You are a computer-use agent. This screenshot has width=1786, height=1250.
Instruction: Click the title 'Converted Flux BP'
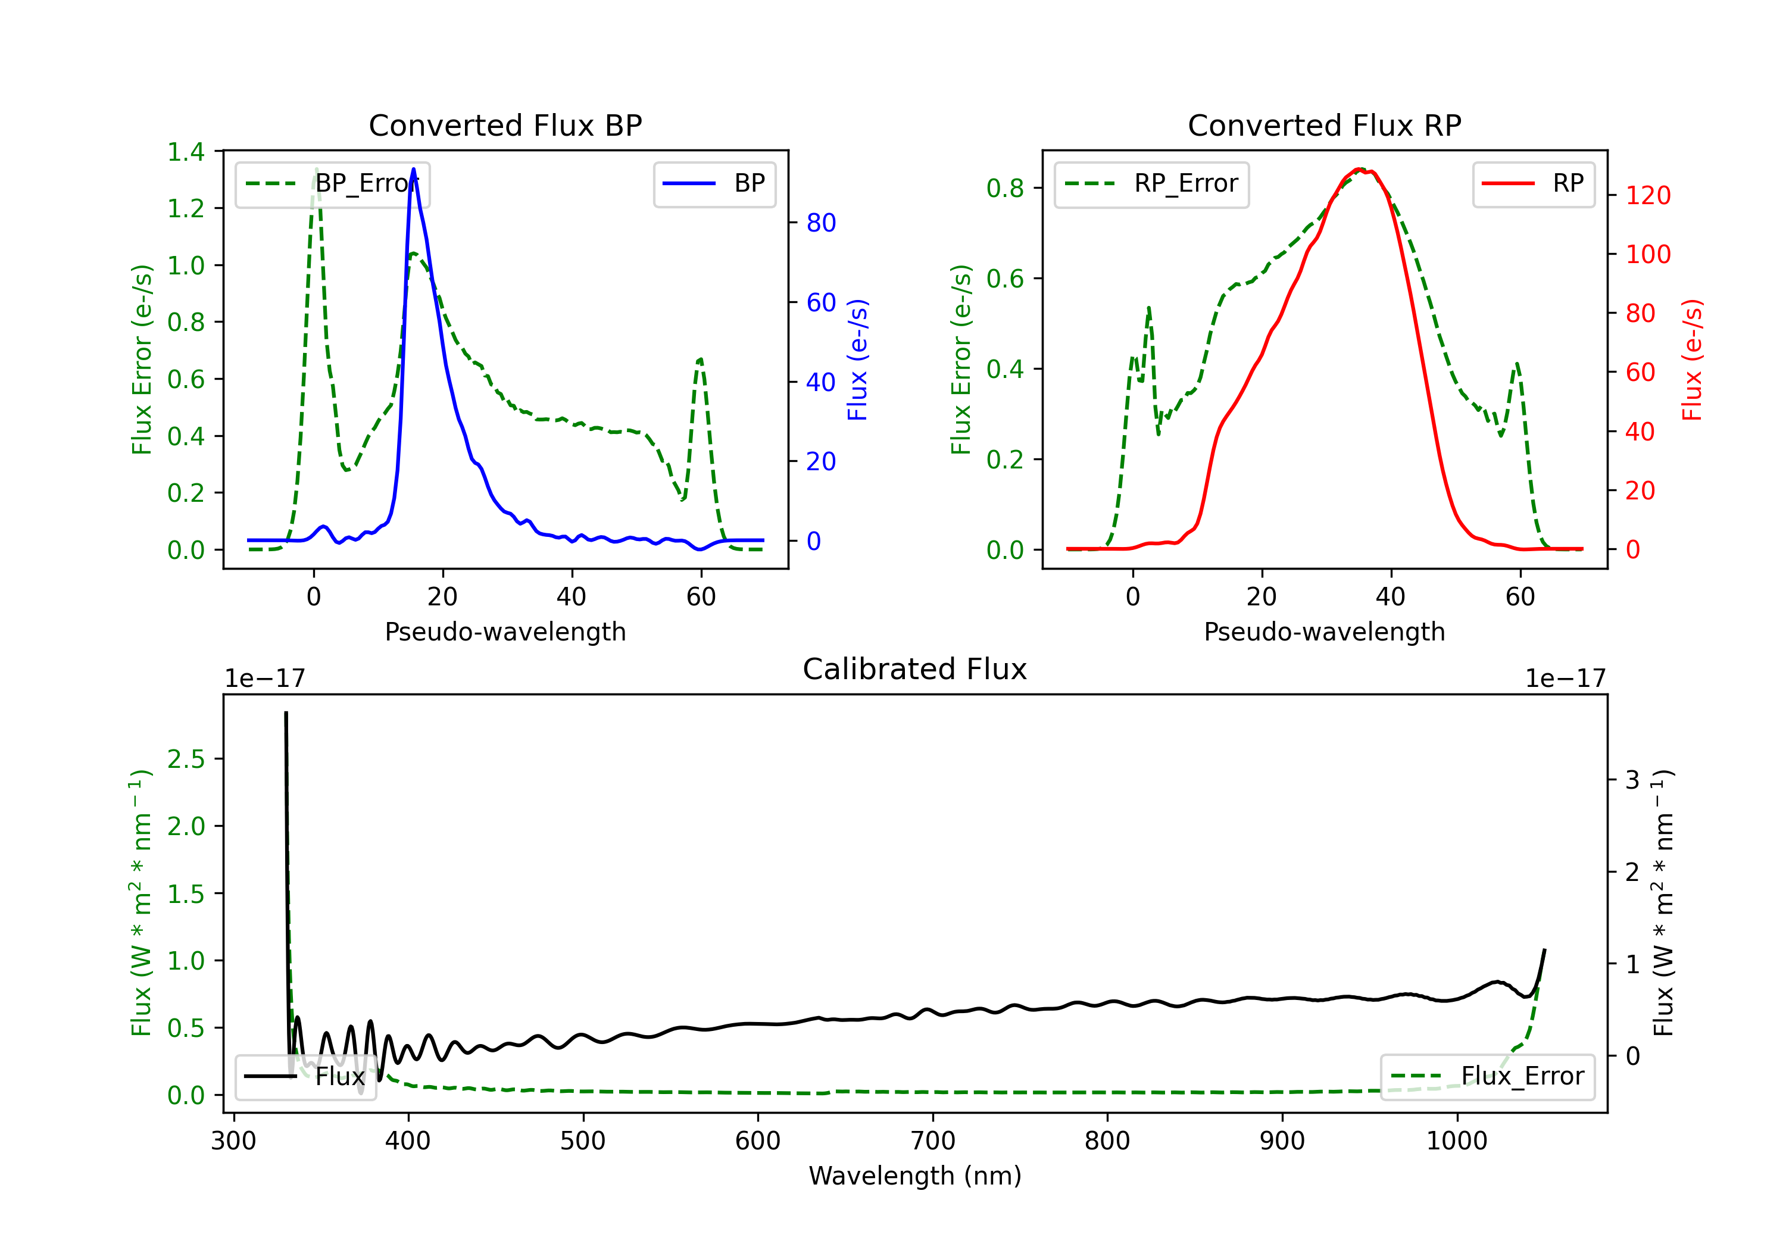505,125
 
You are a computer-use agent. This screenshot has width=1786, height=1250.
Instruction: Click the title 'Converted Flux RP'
1324,125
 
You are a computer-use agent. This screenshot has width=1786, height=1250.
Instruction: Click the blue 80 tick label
820,223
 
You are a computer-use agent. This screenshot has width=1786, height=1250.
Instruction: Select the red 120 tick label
1647,195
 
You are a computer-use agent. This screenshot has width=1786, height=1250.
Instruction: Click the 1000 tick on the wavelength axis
1456,1141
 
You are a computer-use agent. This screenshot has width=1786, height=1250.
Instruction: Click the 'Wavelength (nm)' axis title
915,1176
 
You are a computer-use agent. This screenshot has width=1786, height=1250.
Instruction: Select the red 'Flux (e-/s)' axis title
1692,360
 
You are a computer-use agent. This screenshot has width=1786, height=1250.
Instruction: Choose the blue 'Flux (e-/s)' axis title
857,360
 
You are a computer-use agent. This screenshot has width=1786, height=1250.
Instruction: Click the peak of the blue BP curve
413,169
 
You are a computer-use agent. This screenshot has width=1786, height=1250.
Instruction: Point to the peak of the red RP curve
1359,169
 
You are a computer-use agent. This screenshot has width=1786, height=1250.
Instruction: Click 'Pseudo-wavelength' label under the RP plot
1324,632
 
